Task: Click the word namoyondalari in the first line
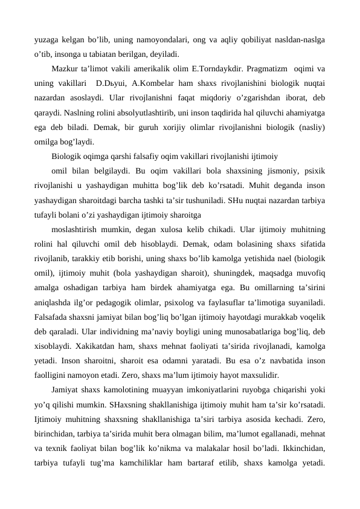click(x=155, y=41)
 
